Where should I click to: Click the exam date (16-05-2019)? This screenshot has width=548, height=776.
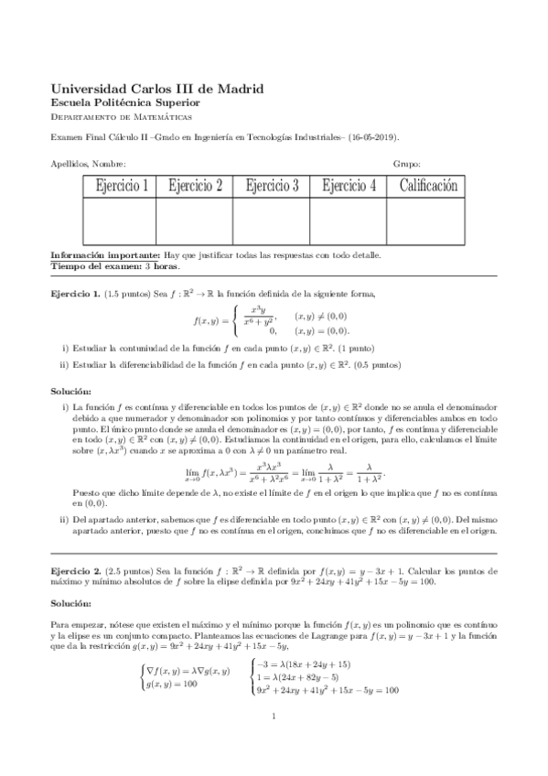coord(373,138)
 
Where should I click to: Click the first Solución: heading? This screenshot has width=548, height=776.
coord(71,391)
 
